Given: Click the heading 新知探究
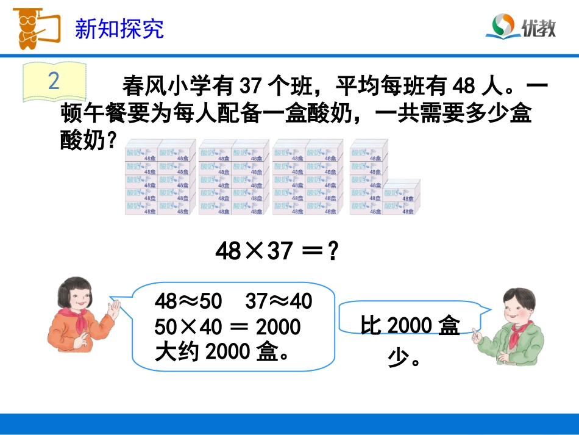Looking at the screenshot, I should point(119,29).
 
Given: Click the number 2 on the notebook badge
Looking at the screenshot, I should point(54,81).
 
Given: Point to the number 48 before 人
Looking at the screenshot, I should point(464,87).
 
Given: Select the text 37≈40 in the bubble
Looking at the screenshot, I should point(279,301).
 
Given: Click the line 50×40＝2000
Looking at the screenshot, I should point(227,326).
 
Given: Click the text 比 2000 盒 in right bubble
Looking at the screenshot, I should point(410,326).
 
